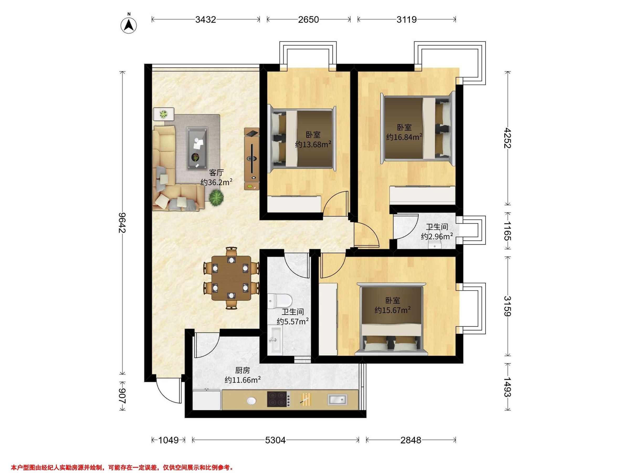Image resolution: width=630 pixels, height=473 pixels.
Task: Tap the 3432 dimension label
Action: [205, 19]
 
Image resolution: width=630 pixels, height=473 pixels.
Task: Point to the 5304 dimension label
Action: [275, 440]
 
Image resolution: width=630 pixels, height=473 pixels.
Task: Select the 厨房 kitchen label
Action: [242, 370]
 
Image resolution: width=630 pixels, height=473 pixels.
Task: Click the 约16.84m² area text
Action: [404, 137]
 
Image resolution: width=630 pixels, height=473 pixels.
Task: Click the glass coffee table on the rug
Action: [197, 148]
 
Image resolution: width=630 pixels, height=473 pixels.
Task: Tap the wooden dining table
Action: [231, 278]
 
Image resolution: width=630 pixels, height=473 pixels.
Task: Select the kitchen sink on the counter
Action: [338, 399]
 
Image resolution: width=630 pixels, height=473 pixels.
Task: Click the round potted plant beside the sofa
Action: [216, 197]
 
